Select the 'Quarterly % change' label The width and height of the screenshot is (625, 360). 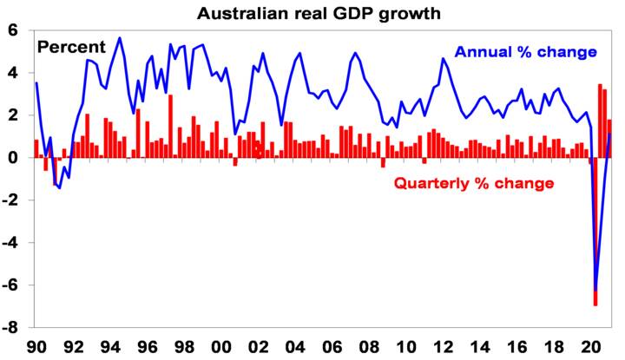pos(473,184)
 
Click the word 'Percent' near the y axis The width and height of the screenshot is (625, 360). pos(70,47)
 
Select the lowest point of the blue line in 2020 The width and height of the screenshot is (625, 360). pos(595,291)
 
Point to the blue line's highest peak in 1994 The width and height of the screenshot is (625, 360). pos(119,38)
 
